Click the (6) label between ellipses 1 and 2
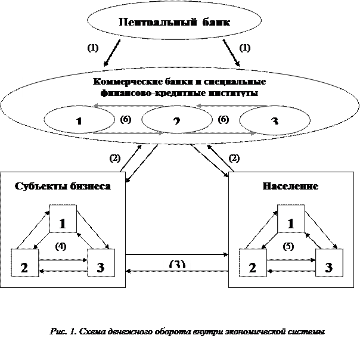(126, 120)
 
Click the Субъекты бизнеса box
(63, 186)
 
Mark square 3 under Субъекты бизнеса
(101, 263)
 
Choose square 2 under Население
(253, 263)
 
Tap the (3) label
(177, 263)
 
